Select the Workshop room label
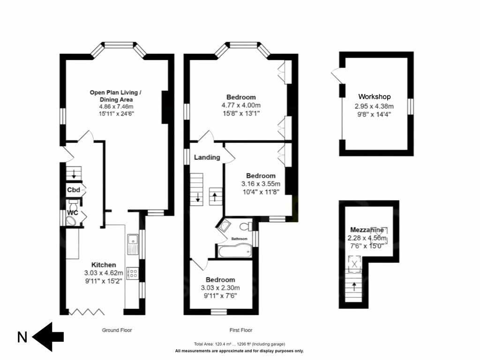[x=375, y=97]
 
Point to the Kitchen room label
[x=103, y=265]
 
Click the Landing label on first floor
[x=207, y=157]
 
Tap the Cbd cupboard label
[x=74, y=190]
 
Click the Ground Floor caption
[x=117, y=330]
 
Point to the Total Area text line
[x=239, y=344]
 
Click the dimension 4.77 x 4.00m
[x=241, y=105]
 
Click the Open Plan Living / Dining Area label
[x=115, y=96]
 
